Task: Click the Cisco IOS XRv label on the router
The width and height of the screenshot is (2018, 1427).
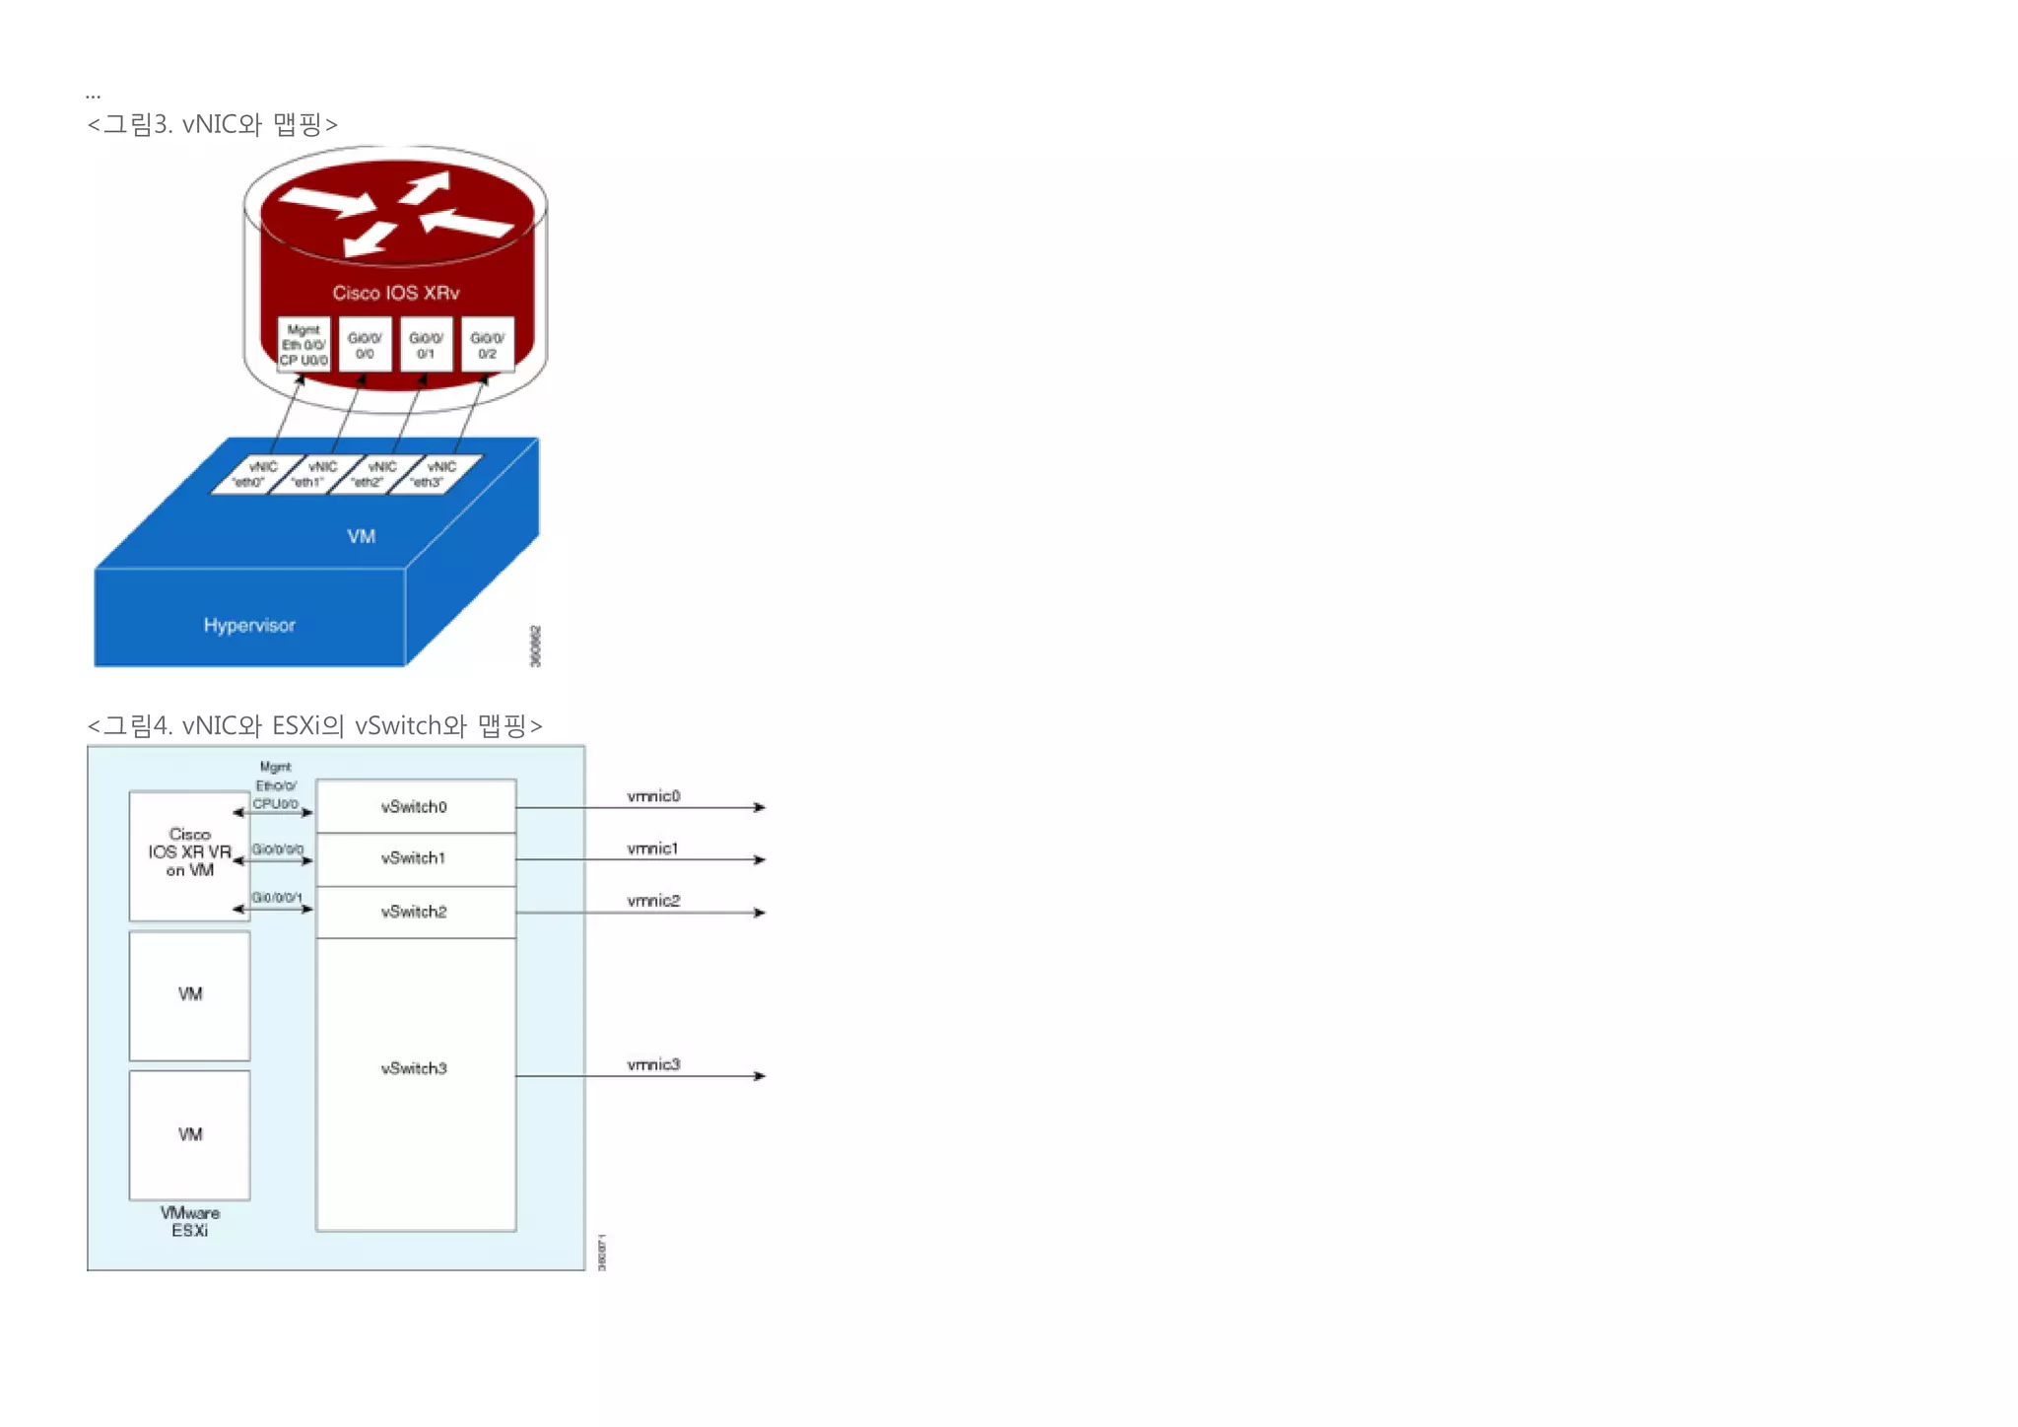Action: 395,293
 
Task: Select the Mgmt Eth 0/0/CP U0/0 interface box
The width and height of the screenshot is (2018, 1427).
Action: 303,345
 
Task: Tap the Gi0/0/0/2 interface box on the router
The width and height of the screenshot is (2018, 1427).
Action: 487,345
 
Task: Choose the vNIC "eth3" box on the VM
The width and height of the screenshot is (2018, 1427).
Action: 435,474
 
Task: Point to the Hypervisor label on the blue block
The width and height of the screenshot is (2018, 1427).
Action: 249,625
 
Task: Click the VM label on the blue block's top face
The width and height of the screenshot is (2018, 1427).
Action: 362,536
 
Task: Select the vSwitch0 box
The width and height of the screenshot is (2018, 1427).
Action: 415,806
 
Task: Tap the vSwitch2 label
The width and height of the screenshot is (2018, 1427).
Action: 414,912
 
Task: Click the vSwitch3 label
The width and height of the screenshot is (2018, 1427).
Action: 414,1068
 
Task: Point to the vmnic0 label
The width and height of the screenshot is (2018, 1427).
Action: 653,795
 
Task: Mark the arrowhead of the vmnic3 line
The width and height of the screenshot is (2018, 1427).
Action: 760,1076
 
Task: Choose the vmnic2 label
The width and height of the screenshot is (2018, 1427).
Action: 653,900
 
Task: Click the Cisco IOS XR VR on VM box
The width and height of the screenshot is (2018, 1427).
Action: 189,853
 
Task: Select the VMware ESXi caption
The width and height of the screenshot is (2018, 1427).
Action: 189,1221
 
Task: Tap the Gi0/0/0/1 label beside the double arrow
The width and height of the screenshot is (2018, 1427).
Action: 277,897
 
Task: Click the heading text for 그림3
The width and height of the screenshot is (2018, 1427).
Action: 213,124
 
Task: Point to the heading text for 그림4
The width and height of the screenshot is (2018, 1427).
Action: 315,726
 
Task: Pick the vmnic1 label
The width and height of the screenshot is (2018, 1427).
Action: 652,848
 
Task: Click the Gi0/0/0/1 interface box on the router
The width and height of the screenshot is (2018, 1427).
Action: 426,345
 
